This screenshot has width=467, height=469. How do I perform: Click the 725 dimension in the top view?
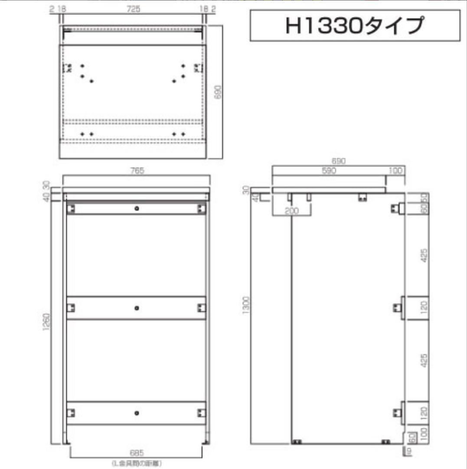point(134,9)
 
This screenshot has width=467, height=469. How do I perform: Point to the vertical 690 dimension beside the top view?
point(218,92)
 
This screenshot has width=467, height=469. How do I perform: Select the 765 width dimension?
point(136,171)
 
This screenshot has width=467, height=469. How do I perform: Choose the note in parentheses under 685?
point(136,463)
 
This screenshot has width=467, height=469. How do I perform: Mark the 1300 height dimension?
point(246,306)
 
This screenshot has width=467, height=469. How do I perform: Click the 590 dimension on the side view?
point(329,171)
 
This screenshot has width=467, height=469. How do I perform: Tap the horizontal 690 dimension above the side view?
point(338,161)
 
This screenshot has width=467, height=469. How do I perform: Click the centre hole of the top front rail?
point(137,209)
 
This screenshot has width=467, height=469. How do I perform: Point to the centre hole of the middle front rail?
point(137,308)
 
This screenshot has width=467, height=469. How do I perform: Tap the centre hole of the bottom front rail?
point(137,413)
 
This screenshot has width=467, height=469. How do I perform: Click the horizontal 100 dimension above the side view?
point(395,171)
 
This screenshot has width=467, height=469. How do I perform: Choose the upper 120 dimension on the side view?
point(425,307)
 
